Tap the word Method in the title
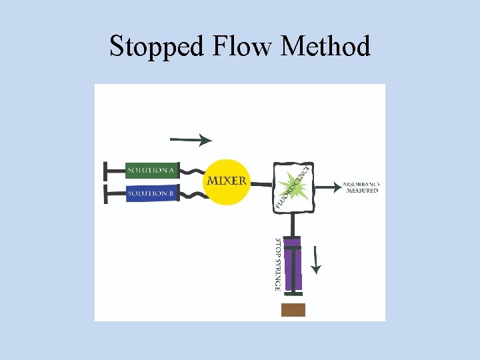coord(326,47)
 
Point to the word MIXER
coord(227,181)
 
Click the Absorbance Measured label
coord(362,187)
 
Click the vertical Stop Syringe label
coord(277,264)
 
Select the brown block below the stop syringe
coord(293,309)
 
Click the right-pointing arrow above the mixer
coord(191,140)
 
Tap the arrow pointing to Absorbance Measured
coord(326,187)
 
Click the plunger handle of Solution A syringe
coord(108,171)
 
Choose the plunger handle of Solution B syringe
coord(108,194)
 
